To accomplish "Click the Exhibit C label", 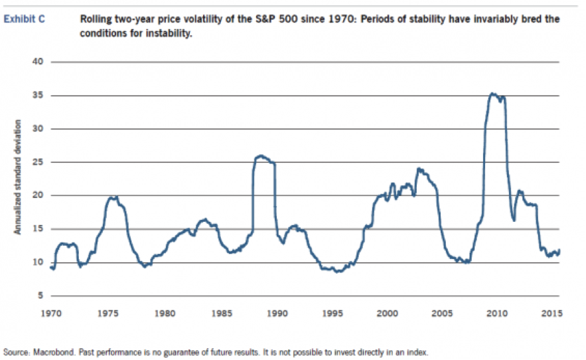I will click(25, 19).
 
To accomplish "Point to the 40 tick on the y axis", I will click(37, 62).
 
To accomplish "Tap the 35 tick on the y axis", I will click(37, 95).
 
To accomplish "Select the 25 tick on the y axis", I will click(37, 162).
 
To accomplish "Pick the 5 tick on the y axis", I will click(40, 295).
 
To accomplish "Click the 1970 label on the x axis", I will click(52, 311).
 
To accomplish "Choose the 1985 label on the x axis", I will click(222, 311).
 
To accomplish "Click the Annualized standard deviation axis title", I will click(19, 177).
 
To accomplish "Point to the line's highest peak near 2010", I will click(492, 94).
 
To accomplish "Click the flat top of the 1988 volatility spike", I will click(263, 157).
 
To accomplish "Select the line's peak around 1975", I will click(113, 197).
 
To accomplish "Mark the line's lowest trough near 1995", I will click(338, 271).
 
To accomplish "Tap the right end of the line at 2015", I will click(560, 250).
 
